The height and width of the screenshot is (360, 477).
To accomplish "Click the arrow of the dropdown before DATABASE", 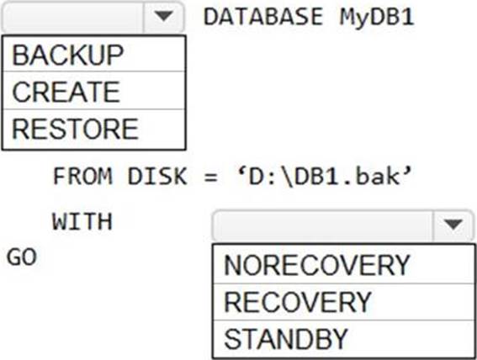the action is point(164,17).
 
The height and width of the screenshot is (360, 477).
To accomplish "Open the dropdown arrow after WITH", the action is point(453,225).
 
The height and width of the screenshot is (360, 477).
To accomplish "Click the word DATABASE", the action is point(263,17).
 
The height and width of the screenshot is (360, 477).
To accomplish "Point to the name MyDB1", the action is point(377,18).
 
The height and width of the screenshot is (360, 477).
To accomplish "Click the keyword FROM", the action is point(82,176).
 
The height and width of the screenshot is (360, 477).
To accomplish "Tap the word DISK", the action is point(157,176).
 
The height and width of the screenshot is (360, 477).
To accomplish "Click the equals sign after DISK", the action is point(211,177).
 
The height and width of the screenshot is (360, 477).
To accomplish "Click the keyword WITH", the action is point(82,221).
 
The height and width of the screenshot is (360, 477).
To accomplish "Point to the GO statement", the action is point(22,257).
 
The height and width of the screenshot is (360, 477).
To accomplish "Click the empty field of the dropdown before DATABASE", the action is point(73,17).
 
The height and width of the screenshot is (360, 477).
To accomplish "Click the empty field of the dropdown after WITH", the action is point(323,225).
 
